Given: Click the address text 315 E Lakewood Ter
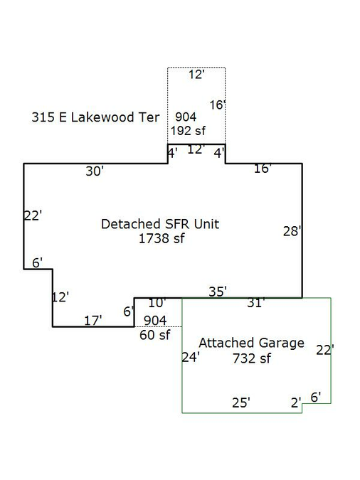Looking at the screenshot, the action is (95, 117).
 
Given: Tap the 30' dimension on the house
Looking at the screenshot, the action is (95, 171).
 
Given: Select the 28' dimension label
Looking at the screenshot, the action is (292, 231).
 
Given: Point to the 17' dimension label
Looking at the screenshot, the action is (92, 321).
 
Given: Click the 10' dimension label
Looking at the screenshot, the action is (157, 303).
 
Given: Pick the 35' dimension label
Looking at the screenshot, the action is (218, 292).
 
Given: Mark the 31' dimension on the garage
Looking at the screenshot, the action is (256, 303).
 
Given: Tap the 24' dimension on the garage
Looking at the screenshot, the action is (191, 357).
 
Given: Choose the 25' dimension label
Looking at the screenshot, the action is (241, 403).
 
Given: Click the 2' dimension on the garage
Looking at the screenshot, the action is (296, 403).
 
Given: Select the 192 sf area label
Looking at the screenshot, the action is (188, 131).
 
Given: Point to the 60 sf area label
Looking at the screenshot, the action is (154, 335).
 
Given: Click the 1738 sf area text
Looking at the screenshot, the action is (162, 238).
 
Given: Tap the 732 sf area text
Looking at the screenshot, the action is (252, 358).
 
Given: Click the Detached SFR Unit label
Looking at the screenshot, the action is (160, 224).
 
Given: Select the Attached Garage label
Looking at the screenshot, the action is (252, 343).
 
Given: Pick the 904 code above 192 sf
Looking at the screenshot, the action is (186, 117).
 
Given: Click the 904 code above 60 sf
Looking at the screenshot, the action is (155, 321).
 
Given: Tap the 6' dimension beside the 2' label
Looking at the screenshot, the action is (316, 398).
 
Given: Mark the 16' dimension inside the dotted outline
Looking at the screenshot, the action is (218, 105).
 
